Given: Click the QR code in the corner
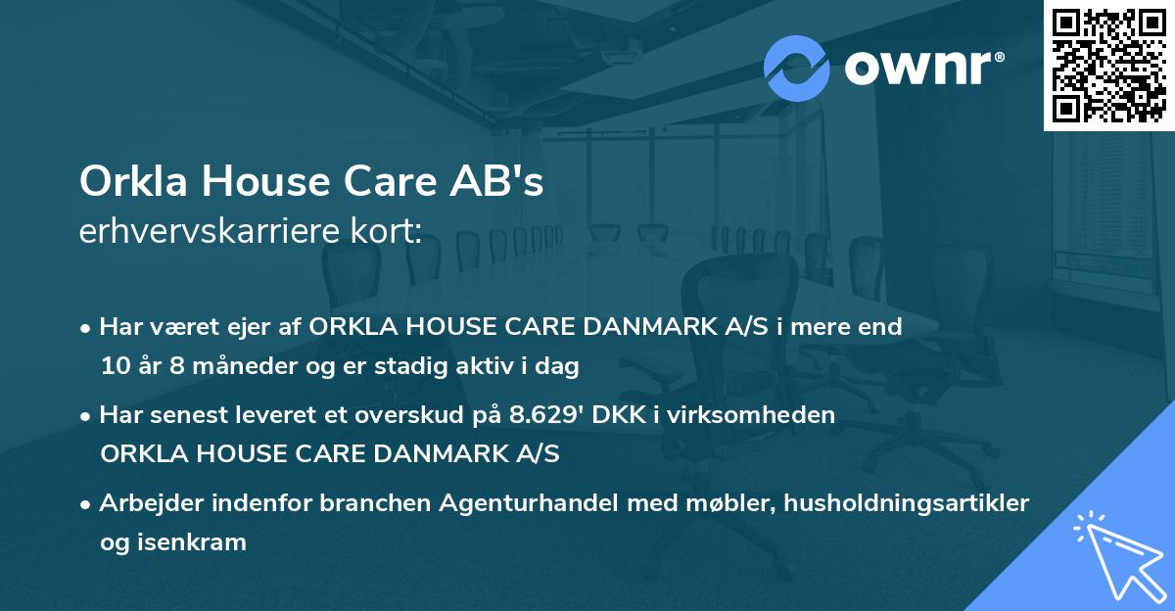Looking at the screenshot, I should [1107, 65].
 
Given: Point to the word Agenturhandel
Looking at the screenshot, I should [523, 503].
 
